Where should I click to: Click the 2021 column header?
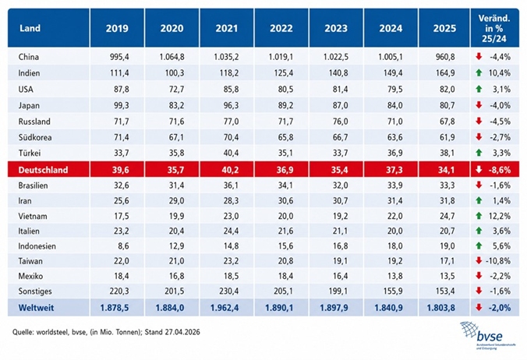tap(227, 28)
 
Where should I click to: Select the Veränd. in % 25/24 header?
tap(494, 28)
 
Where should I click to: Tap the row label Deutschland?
tap(43, 170)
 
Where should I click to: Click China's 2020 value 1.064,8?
tap(172, 57)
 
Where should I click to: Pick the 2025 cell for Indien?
tap(445, 73)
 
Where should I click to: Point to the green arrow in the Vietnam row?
tap(479, 216)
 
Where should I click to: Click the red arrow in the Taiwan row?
tap(479, 260)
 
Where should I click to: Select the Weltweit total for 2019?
tap(115, 308)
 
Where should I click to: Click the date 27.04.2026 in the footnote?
tap(182, 332)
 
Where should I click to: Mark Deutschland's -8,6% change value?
tap(500, 170)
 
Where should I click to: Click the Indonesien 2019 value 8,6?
tap(123, 246)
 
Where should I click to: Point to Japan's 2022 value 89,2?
tap(285, 105)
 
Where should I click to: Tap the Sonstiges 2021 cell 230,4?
tap(229, 291)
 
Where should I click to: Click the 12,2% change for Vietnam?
tap(499, 216)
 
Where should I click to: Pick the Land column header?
tap(30, 28)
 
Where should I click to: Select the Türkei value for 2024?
tap(394, 154)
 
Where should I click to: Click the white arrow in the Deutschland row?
tap(479, 170)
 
